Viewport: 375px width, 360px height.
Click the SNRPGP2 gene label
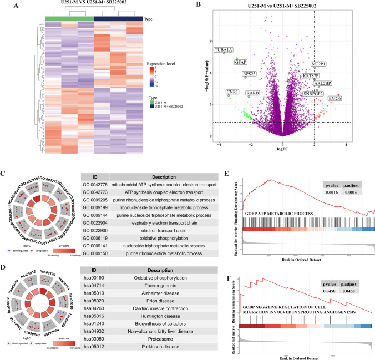312,93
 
